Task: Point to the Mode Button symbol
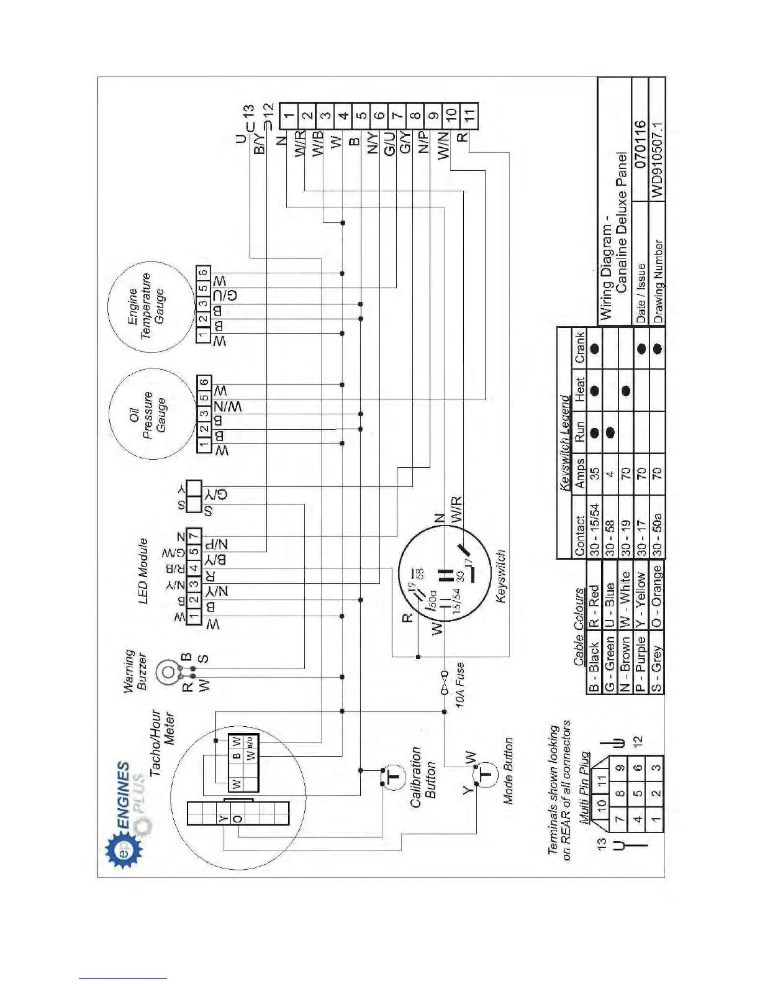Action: (486, 774)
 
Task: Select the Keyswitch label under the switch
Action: (502, 576)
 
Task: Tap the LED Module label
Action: (143, 570)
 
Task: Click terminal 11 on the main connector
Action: (469, 114)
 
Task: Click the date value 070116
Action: (640, 145)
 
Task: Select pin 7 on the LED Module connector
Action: (194, 536)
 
